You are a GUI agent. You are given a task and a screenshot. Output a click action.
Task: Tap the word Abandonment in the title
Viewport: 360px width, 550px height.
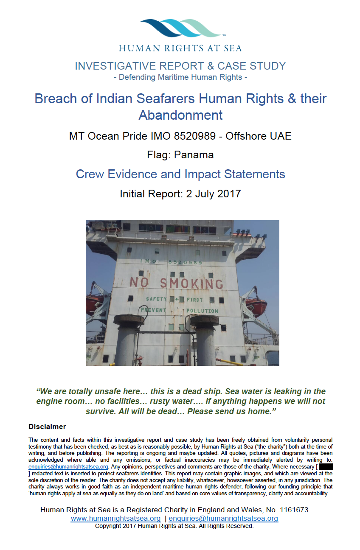(x=180, y=115)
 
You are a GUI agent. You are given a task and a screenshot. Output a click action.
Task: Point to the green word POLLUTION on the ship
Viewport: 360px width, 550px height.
(x=202, y=311)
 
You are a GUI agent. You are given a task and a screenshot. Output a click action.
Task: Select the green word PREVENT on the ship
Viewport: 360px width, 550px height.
(x=154, y=311)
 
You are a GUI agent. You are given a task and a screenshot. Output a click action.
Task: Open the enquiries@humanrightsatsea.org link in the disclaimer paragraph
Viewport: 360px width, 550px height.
(x=67, y=466)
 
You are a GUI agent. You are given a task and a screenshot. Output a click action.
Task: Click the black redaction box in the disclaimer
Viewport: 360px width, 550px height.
(x=325, y=466)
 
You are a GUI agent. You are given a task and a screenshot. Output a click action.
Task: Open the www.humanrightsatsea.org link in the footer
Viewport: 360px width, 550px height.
(x=115, y=519)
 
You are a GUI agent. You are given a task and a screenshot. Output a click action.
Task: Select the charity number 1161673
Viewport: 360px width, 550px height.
(x=292, y=510)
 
